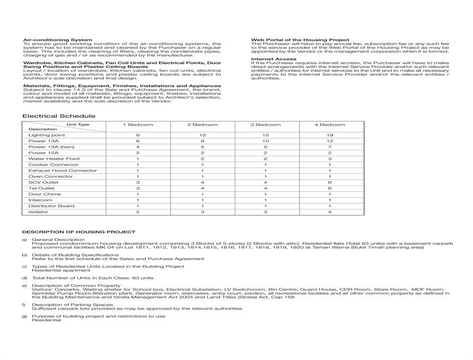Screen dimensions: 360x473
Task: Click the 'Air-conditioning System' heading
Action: coord(58,40)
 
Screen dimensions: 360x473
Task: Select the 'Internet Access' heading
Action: coord(273,59)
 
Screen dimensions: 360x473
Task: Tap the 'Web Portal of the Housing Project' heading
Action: coord(300,40)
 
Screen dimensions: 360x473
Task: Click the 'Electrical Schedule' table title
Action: coord(59,116)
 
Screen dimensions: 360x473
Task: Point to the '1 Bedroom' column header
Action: coord(138,125)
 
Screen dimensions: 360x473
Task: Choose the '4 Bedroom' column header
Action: coord(330,125)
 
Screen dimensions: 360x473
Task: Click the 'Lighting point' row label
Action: coord(47,135)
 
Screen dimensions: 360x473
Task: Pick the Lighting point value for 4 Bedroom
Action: coord(330,135)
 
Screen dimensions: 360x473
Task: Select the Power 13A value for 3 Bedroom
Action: coord(266,141)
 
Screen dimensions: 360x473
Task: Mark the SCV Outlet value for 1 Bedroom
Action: coord(138,182)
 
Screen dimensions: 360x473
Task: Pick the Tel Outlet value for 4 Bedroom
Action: coord(330,188)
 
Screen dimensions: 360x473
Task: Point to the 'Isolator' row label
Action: coord(39,212)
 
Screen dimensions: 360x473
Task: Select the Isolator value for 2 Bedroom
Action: coord(202,212)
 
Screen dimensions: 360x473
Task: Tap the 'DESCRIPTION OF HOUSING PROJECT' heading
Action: coord(79,232)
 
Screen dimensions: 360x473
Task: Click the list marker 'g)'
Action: coord(24,316)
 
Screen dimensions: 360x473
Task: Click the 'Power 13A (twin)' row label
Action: coord(51,147)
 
